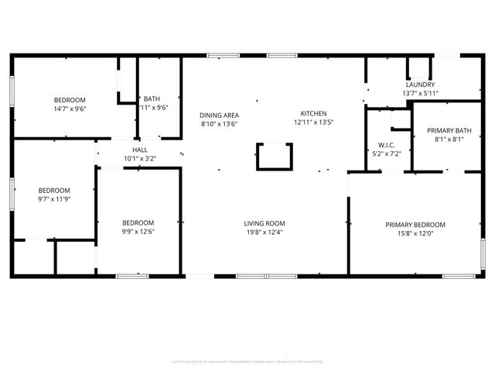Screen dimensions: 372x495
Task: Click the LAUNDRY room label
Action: pos(420,84)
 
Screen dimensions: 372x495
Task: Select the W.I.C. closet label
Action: pos(387,145)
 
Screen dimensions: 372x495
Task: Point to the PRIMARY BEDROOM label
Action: pos(415,225)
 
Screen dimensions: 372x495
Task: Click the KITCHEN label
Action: pos(313,113)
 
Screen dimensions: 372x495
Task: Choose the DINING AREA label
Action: pos(219,115)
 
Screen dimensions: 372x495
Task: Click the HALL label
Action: pos(140,150)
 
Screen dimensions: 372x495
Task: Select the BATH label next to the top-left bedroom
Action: pos(152,99)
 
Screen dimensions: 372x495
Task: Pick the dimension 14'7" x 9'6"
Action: pos(69,109)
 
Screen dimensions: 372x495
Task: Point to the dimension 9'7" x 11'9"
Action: pos(54,199)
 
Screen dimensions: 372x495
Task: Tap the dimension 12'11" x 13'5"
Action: pos(313,123)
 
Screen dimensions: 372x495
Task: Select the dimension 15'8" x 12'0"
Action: pos(415,234)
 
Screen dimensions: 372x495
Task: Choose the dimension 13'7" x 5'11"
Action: pos(420,94)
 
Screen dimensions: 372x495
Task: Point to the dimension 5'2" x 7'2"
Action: pos(387,154)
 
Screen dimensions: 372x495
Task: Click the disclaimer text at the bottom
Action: pos(247,361)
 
